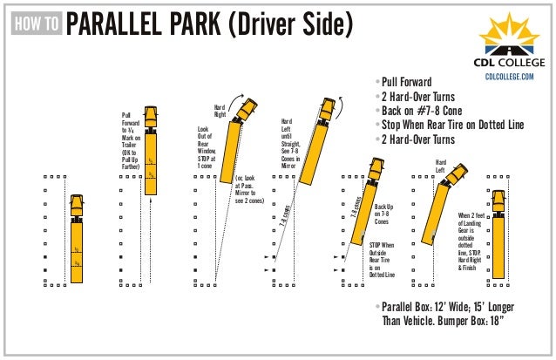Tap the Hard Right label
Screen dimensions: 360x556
220,111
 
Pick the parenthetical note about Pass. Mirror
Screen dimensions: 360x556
249,189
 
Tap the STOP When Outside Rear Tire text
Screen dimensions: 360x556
382,260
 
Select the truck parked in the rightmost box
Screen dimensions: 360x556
498,233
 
